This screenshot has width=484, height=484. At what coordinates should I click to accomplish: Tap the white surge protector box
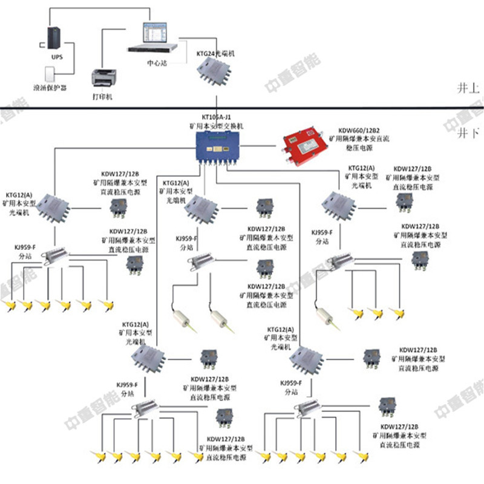[50, 74]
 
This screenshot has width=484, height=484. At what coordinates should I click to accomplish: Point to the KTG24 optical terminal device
[215, 73]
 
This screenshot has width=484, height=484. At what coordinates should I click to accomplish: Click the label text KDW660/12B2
[359, 130]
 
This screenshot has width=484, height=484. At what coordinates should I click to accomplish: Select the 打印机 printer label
[102, 96]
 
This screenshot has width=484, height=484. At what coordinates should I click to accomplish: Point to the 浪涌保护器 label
[50, 88]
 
